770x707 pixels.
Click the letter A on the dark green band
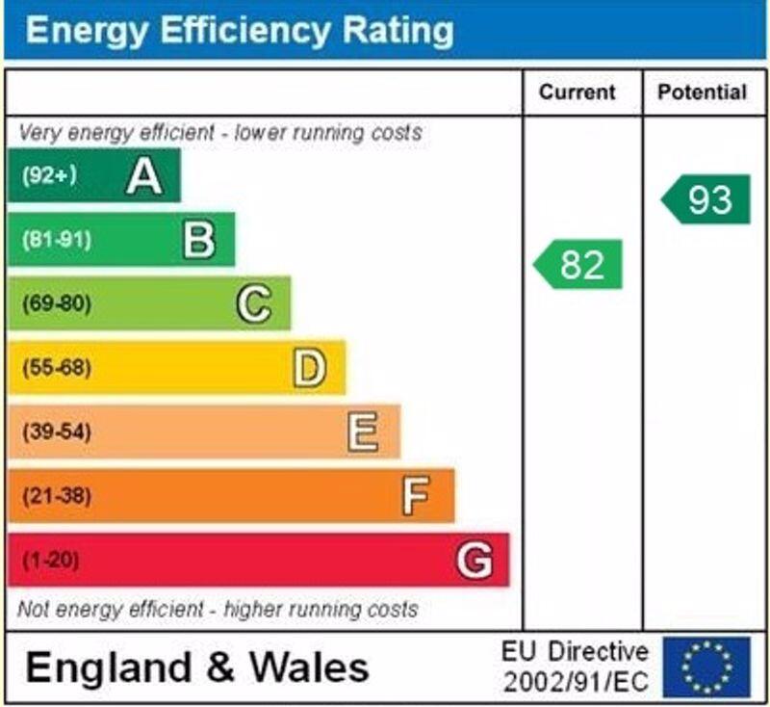click(x=144, y=175)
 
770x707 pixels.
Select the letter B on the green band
click(x=199, y=239)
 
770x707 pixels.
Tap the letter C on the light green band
click(x=254, y=303)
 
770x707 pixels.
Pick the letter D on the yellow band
click(x=309, y=368)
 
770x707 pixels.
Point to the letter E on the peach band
click(x=363, y=432)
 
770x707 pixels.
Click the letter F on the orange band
click(x=416, y=496)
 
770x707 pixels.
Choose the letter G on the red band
click(x=474, y=560)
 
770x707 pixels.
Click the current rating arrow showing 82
click(x=578, y=264)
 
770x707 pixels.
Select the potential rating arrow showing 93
click(x=706, y=199)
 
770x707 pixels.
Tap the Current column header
click(x=577, y=92)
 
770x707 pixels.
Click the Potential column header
click(x=702, y=92)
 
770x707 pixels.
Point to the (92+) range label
click(x=49, y=175)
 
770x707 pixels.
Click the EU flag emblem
click(x=706, y=668)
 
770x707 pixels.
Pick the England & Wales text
click(x=196, y=668)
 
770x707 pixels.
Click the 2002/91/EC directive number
click(x=576, y=683)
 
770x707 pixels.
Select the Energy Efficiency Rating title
click(x=240, y=31)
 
